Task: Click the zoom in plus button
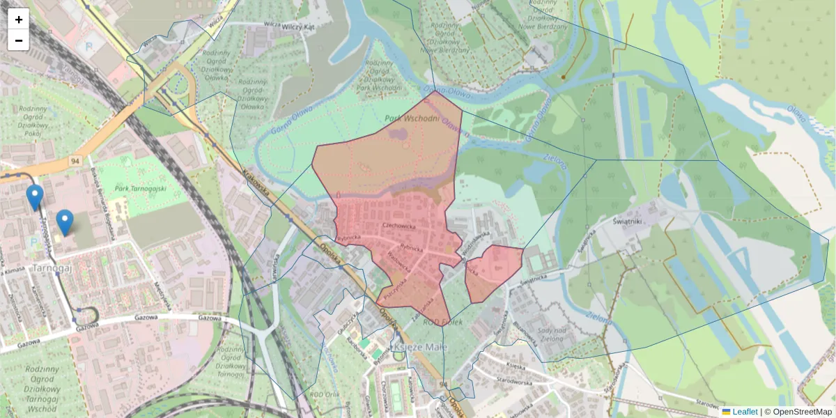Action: pos(19,20)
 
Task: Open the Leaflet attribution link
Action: pos(745,412)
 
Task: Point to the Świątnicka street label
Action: pos(530,278)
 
